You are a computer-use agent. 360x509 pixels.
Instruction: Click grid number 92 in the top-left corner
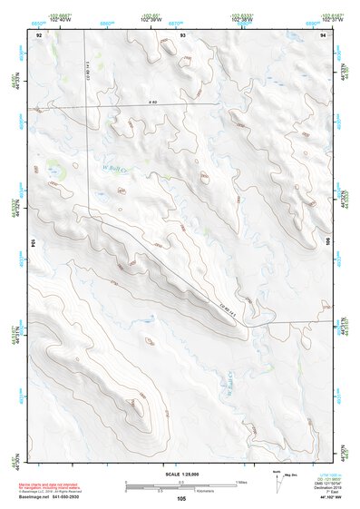pos(39,34)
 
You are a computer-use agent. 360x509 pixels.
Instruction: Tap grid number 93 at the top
pos(182,34)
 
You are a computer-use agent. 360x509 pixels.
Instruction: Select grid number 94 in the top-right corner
pos(323,34)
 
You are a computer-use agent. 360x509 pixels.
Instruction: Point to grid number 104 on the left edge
pos(34,244)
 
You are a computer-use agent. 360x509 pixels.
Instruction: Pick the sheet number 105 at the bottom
pos(181,499)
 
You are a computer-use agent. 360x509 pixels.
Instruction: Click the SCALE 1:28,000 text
pos(180,475)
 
